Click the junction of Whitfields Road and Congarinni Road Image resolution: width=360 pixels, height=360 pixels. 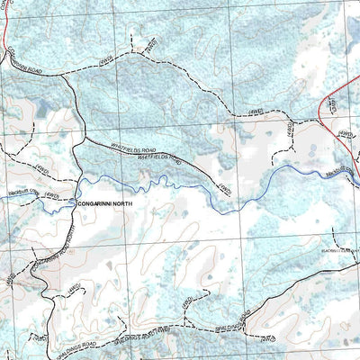[83, 139]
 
